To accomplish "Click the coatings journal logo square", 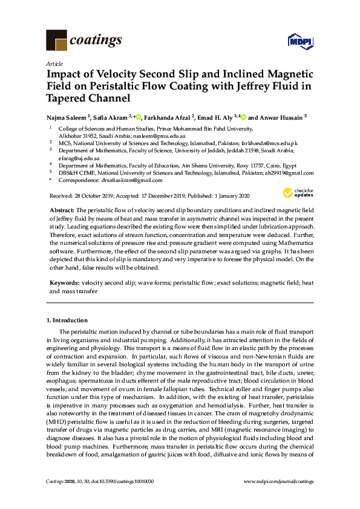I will point(57,41).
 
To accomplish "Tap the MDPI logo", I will point(301,41).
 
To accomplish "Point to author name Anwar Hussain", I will point(281,117).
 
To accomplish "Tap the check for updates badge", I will point(294,193).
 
